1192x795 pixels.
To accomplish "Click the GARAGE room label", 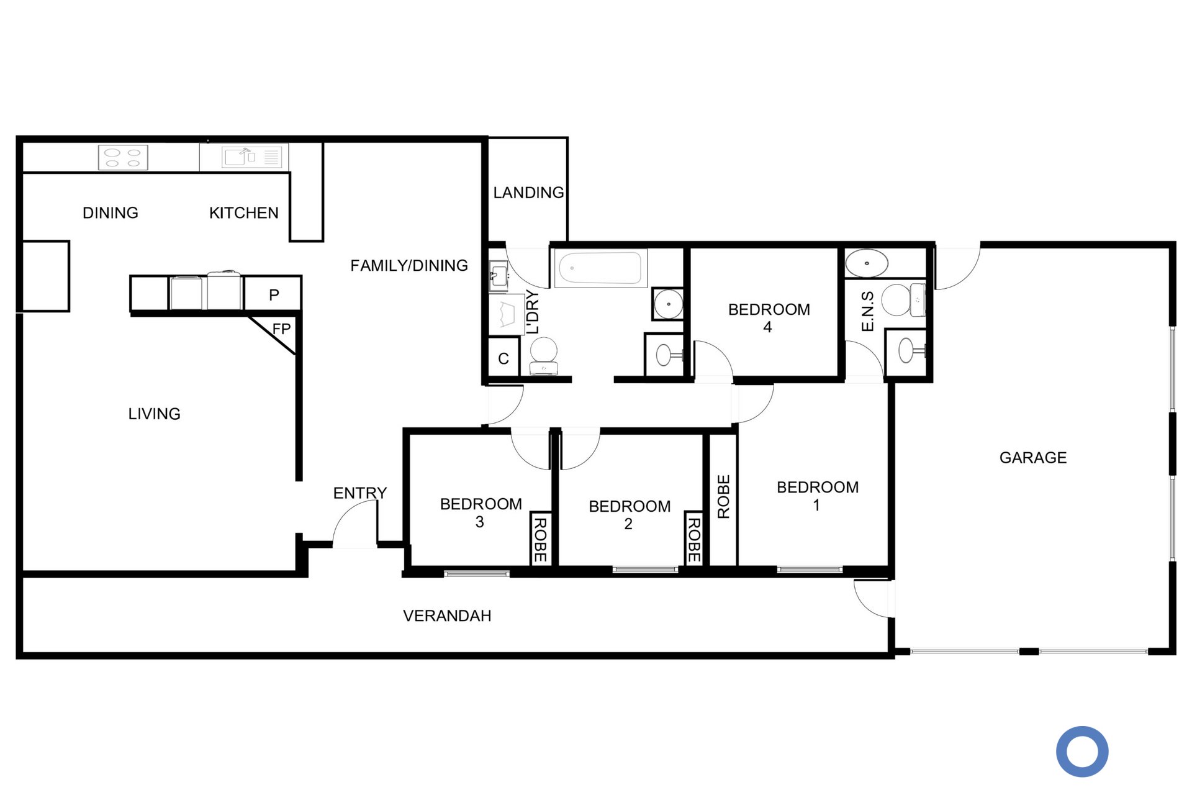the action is tap(1033, 458).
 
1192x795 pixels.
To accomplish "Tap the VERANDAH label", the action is tap(447, 616).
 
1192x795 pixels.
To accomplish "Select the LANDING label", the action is tap(528, 193).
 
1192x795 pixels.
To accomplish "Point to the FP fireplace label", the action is tap(281, 329).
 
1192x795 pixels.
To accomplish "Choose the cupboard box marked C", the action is tap(503, 358).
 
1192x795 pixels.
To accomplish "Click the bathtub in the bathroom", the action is tap(600, 268).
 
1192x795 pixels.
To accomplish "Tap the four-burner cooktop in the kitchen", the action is tap(123, 157).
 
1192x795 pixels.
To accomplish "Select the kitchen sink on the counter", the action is tap(254, 157).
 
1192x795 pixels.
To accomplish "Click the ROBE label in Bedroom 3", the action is tap(540, 540).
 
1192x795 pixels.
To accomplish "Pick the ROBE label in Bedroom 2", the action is tap(694, 540).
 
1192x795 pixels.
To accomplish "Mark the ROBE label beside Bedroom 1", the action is tap(724, 496).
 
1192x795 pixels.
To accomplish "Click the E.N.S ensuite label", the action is tap(867, 311).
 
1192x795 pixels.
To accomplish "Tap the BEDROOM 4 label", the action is tap(769, 318).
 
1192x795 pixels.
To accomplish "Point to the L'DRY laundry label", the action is tap(533, 312).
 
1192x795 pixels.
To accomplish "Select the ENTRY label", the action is tap(360, 493).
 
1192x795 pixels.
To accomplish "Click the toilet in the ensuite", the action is tap(903, 300).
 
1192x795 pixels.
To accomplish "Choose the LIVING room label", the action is tap(154, 414).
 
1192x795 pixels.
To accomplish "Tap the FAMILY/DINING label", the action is tap(409, 266).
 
